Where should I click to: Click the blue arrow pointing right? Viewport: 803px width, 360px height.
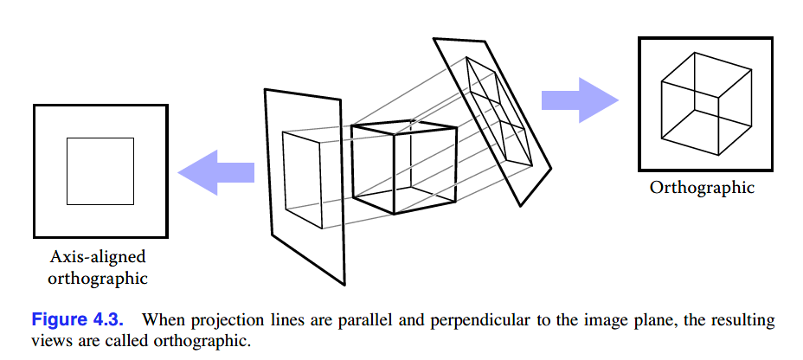click(581, 100)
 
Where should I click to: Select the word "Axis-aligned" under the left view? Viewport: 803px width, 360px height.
click(97, 258)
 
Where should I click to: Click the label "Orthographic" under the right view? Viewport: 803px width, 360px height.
click(703, 188)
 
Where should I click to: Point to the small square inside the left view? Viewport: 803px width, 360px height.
click(100, 171)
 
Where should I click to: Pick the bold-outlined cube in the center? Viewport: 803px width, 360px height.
click(404, 169)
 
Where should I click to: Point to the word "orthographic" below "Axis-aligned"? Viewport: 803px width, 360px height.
click(97, 278)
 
